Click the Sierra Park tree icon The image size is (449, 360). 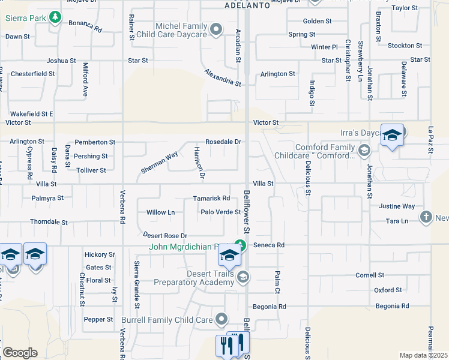click(55, 17)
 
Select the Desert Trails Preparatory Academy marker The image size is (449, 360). click(243, 277)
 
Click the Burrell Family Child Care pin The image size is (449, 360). click(222, 319)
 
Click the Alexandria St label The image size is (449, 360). click(222, 77)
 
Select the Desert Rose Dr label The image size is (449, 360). click(165, 235)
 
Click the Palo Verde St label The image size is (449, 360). click(220, 212)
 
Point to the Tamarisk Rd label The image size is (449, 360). click(212, 198)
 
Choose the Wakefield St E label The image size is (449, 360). click(31, 113)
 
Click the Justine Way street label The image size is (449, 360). click(397, 206)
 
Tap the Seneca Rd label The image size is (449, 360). click(272, 245)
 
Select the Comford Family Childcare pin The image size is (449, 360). click(363, 150)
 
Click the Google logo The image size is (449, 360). click(20, 353)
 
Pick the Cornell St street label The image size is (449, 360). click(369, 275)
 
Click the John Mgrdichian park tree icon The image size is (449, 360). click(240, 245)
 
